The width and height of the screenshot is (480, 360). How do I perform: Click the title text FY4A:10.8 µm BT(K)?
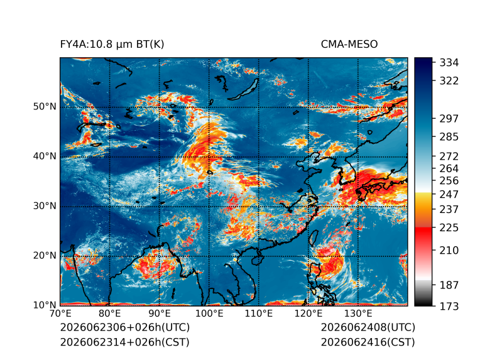112,45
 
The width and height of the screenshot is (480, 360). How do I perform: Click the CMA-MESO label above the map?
349,45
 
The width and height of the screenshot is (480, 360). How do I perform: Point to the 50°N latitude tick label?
45,107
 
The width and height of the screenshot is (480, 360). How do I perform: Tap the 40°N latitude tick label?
45,156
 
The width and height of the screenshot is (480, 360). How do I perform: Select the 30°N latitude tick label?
45,205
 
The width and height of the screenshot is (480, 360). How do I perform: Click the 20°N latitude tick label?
45,255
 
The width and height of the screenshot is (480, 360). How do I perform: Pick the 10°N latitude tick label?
45,305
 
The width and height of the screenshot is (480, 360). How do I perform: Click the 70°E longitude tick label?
60,314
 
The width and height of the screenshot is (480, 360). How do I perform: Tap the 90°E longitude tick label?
159,314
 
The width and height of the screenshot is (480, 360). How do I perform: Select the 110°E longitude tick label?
259,314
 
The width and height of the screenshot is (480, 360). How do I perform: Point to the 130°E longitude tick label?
358,314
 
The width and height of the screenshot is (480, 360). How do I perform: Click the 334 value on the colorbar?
449,63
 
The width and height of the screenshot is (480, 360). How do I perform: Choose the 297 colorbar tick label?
449,119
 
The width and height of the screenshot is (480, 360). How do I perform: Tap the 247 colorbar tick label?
449,194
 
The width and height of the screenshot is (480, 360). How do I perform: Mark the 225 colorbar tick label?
449,228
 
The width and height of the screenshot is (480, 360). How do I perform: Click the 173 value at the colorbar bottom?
449,306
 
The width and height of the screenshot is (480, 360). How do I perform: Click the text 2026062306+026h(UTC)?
125,327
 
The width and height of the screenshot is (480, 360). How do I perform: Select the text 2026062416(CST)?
368,342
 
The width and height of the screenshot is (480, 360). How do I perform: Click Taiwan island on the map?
313,238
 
